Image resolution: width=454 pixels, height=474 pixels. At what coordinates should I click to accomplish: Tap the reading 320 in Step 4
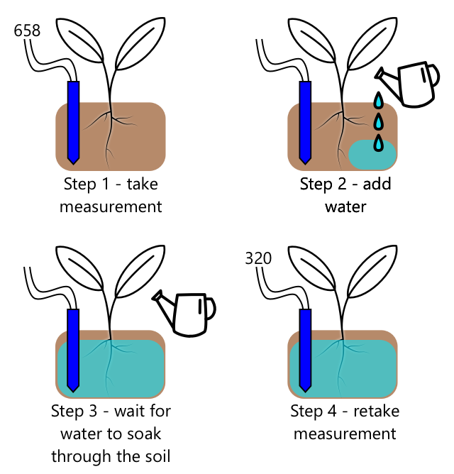point(258,258)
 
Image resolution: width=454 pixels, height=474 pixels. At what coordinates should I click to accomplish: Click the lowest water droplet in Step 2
point(380,144)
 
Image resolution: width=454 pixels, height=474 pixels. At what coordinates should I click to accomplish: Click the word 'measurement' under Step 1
point(111,207)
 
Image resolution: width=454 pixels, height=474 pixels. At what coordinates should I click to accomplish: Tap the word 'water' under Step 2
point(345,207)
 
